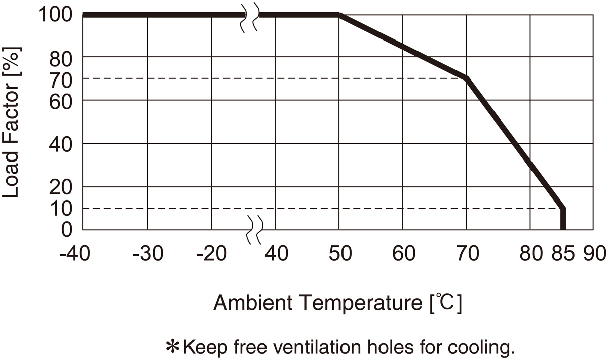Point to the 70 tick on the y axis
coord(63,78)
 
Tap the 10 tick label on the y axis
coord(63,208)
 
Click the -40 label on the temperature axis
coord(74,253)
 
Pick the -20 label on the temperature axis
coord(210,253)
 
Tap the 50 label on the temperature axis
coord(339,253)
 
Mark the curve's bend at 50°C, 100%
coord(339,15)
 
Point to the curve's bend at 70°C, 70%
coord(466,78)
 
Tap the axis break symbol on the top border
coord(249,18)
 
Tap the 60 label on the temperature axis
coord(403,253)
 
